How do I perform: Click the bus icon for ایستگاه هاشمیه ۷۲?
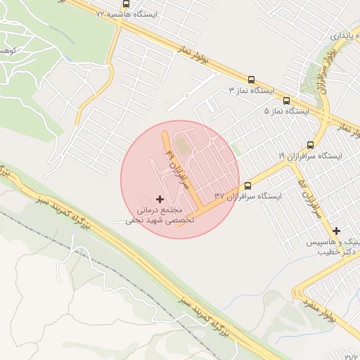pos(126,4)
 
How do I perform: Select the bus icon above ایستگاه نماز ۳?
pos(251,79)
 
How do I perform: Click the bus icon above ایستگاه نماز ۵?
pos(286,101)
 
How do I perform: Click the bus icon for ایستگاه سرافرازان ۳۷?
pos(247,186)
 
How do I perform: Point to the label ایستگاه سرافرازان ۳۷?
pos(247,196)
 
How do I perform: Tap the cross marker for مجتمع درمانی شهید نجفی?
pos(160,200)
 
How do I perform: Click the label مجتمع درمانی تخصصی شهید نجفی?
pos(154,214)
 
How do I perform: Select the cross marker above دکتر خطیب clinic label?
pos(336,231)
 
